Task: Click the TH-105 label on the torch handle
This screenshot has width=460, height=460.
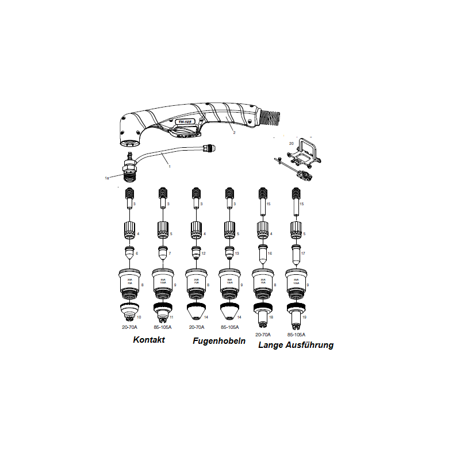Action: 185,122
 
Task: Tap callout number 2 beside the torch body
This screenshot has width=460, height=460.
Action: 234,132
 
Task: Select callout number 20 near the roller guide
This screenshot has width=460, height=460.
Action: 291,142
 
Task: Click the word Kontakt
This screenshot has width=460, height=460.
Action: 149,340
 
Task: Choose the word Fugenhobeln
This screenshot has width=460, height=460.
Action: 218,341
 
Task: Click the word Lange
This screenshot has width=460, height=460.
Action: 271,345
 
